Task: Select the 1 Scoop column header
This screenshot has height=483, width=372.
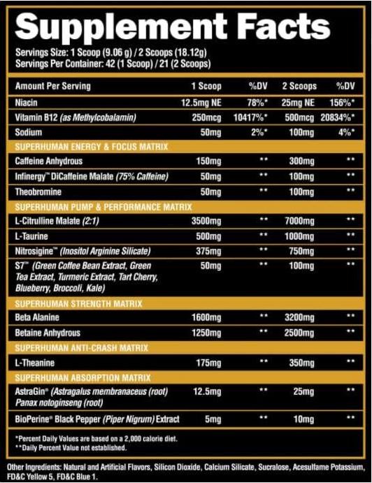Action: [207, 86]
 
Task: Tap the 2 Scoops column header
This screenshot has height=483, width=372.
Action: [299, 86]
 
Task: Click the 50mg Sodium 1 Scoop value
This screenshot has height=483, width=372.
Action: [210, 132]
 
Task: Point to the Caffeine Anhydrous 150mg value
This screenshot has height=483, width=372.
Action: [208, 161]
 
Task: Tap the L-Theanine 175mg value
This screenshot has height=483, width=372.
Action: [208, 363]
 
